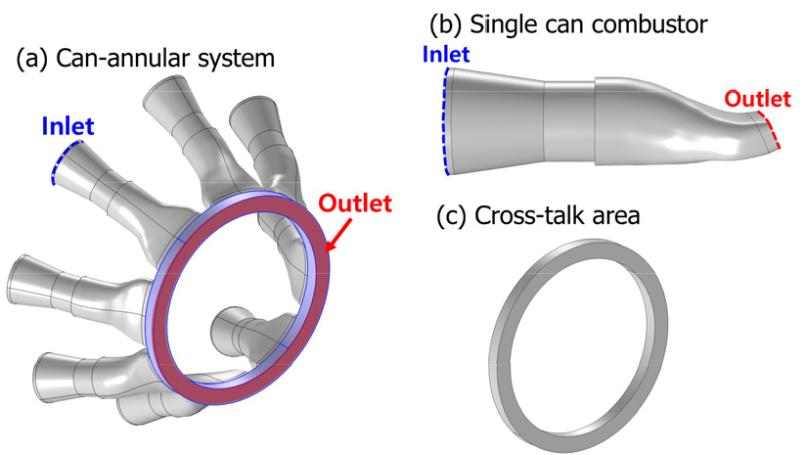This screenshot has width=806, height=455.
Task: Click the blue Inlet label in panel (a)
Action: click(x=67, y=126)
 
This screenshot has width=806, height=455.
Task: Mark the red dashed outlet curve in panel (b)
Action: click(x=772, y=131)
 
